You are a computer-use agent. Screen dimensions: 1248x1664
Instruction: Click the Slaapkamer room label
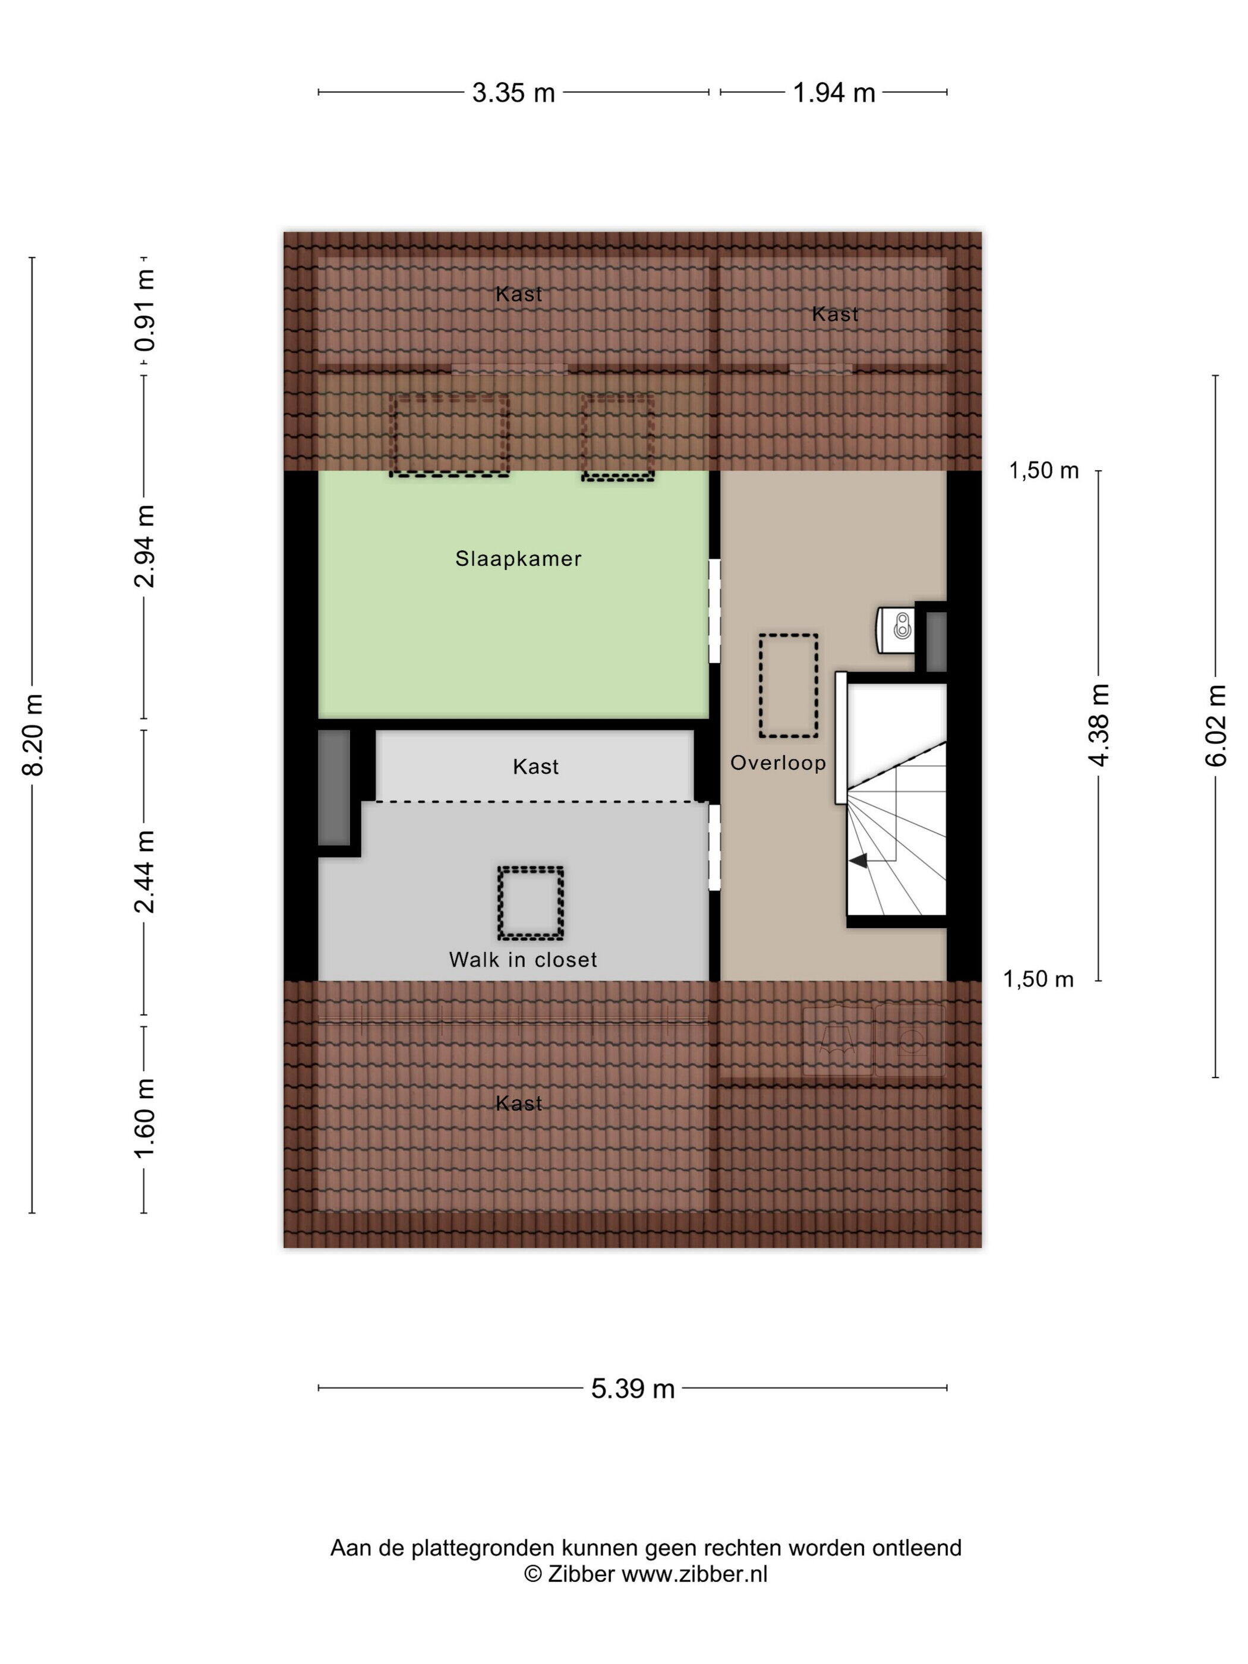click(518, 559)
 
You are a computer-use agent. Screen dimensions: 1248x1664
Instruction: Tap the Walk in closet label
click(523, 960)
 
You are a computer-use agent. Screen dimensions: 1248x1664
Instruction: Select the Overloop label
click(778, 764)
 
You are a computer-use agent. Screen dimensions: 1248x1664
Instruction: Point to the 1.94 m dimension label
click(834, 93)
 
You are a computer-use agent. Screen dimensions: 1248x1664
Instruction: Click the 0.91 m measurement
click(145, 310)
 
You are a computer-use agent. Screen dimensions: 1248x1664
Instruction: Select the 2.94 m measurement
click(145, 546)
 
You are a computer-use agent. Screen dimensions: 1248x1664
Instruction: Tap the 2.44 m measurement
click(145, 872)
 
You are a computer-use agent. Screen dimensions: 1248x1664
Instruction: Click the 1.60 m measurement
click(145, 1118)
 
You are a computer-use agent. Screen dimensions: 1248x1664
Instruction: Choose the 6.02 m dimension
click(1216, 725)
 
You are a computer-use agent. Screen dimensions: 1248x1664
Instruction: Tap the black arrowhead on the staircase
click(858, 860)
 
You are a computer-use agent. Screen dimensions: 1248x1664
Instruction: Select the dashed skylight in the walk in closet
click(530, 903)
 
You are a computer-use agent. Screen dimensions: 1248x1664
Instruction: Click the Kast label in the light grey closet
click(535, 767)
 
